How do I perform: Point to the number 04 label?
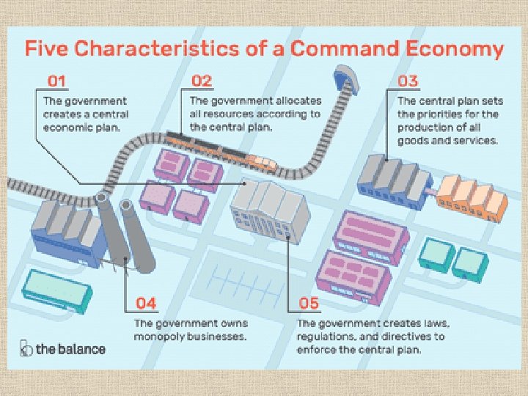point(147,303)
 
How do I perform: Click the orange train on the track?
point(260,160)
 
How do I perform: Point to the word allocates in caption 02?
point(274,100)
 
